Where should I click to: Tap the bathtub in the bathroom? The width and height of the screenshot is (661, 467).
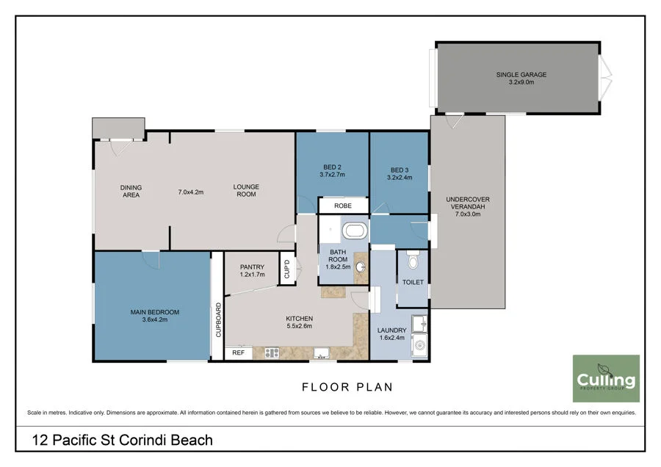[355, 231]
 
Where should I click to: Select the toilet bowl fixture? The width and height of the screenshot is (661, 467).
[413, 261]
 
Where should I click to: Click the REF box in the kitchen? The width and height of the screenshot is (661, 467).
[238, 352]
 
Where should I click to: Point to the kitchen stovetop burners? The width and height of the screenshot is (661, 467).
[272, 352]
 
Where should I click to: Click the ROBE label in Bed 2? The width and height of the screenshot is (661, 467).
[343, 206]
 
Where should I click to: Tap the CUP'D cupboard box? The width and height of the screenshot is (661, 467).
[287, 268]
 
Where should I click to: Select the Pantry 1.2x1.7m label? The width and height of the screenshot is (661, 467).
[252, 271]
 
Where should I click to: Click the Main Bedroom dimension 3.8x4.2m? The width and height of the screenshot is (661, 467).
[155, 319]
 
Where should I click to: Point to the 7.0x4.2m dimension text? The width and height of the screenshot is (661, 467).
[190, 192]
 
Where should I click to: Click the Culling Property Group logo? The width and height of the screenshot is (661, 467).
[606, 378]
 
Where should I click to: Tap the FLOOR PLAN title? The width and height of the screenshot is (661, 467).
[347, 387]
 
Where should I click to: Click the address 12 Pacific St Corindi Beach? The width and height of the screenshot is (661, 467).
[122, 440]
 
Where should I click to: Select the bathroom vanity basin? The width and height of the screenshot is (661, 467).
[361, 267]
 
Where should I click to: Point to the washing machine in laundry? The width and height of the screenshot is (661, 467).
[419, 345]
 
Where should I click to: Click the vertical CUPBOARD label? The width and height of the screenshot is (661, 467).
[218, 319]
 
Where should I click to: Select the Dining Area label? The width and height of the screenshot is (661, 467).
[131, 191]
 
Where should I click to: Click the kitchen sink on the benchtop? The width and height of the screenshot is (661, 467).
[321, 352]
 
